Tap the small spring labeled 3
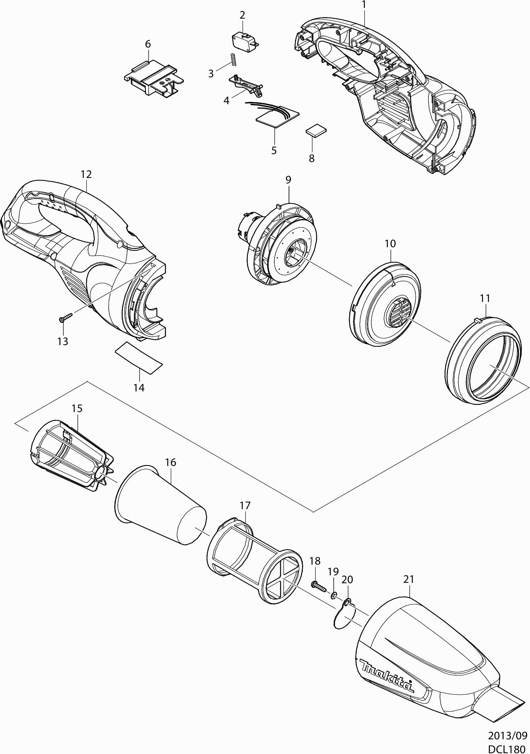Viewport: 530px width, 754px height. pyautogui.click(x=233, y=60)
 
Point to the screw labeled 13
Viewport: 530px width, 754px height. pyautogui.click(x=66, y=317)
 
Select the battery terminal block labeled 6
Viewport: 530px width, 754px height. pyautogui.click(x=153, y=78)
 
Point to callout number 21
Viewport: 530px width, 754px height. pyautogui.click(x=409, y=579)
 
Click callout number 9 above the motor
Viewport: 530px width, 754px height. pyautogui.click(x=288, y=179)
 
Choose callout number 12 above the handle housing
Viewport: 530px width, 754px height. pyautogui.click(x=86, y=174)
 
